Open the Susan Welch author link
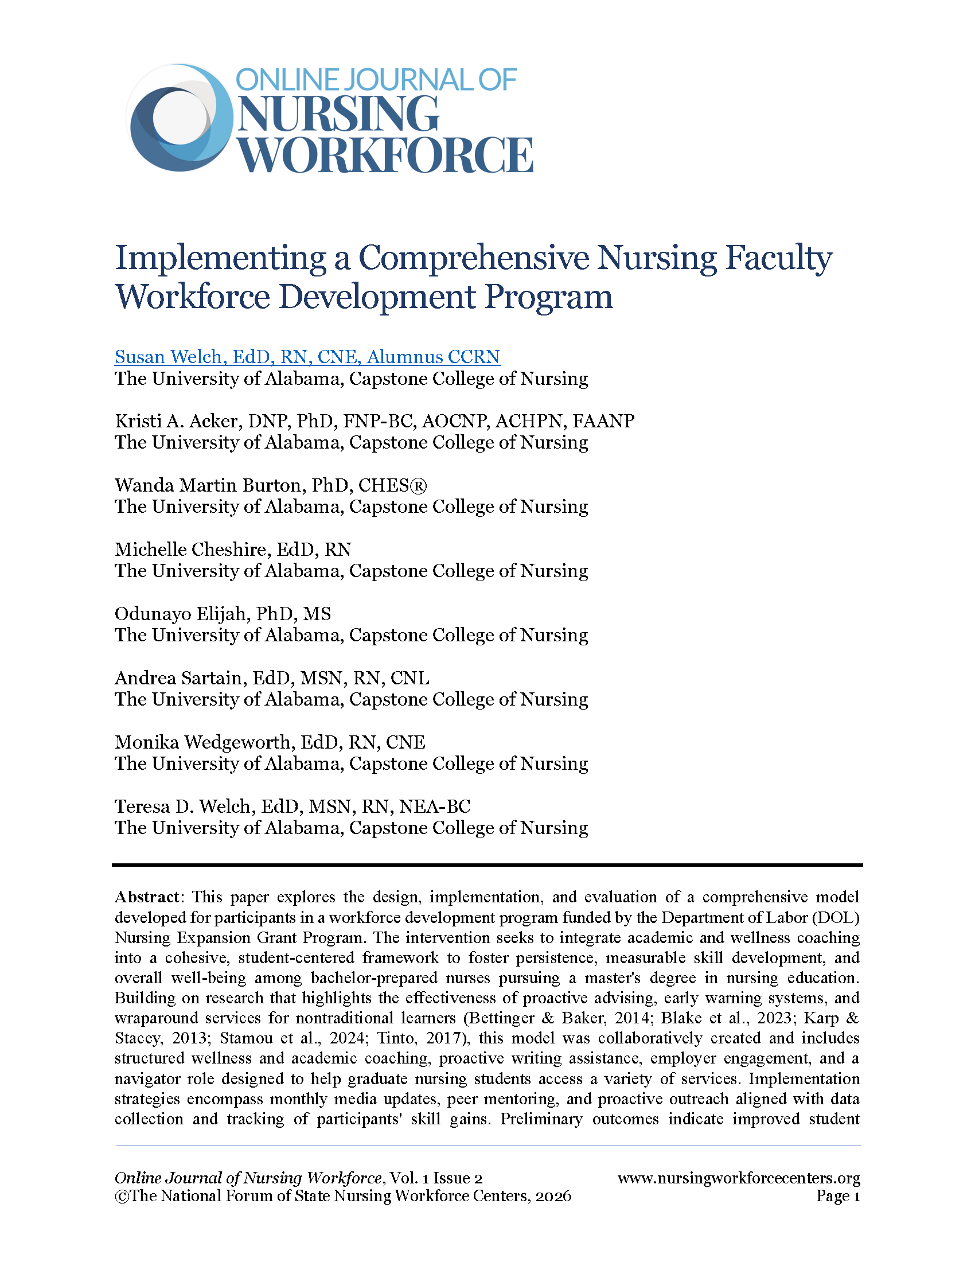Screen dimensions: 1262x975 point(307,357)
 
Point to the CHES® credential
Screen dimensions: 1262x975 point(393,485)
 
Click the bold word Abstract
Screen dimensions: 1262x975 point(147,897)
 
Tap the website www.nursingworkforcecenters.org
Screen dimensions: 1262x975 point(738,1178)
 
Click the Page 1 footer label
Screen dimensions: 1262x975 point(837,1195)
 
